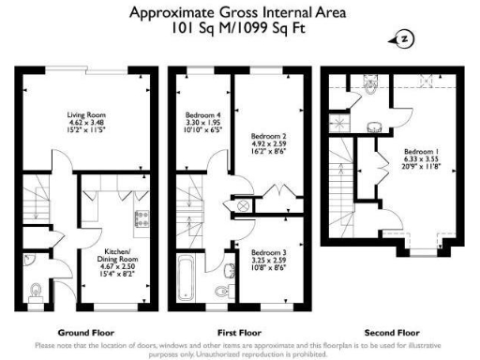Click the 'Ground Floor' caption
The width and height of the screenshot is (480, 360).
coord(86,332)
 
